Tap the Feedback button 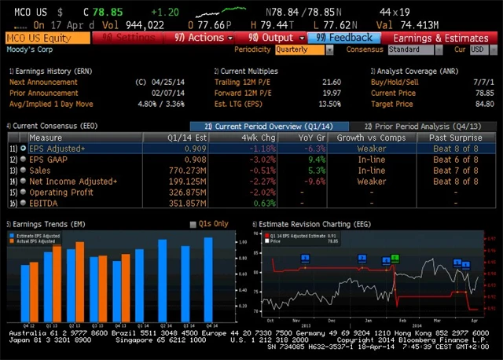345,38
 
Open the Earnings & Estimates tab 440,38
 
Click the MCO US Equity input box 47,38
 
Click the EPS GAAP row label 52,159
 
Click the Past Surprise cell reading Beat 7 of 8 455,170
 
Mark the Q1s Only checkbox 194,225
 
